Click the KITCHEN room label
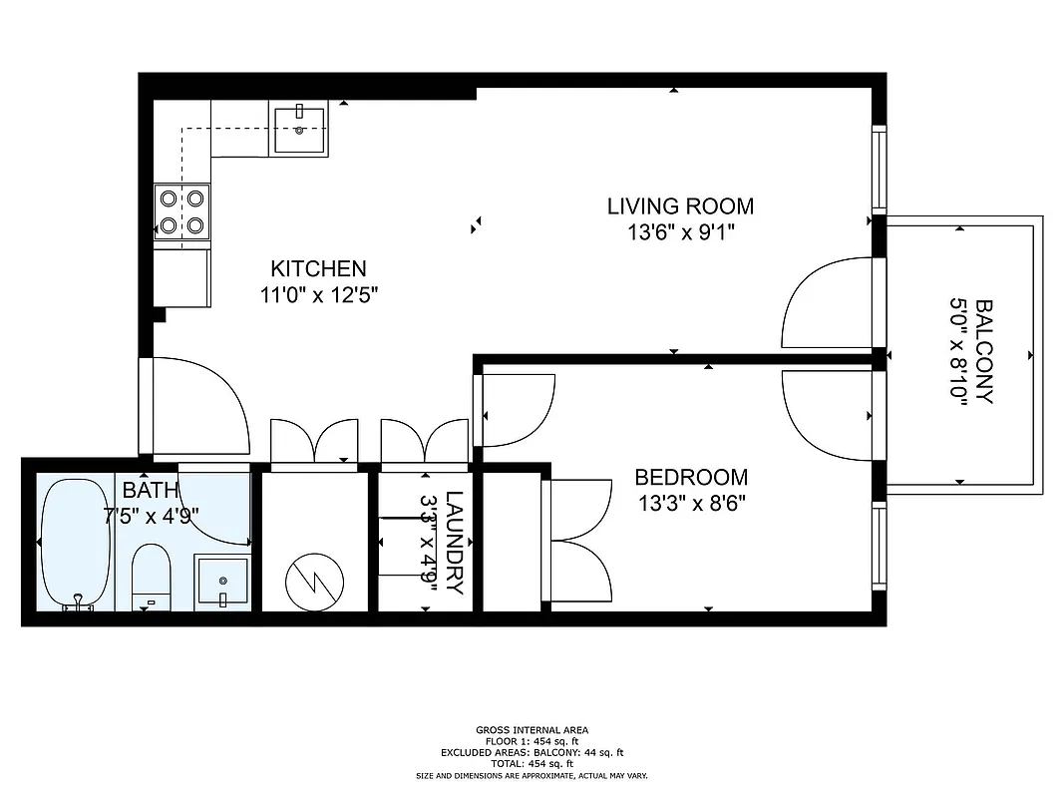318,268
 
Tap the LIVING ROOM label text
680,206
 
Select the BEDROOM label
691,478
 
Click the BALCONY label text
983,350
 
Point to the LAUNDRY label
455,543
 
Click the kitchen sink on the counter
300,131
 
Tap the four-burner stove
182,212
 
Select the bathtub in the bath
76,544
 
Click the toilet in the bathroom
152,576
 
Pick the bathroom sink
221,581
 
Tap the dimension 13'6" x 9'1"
680,233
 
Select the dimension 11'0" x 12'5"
318,295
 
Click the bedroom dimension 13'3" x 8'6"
691,504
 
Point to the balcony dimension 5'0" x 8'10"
958,350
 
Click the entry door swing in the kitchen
199,404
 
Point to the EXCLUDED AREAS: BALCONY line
532,753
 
